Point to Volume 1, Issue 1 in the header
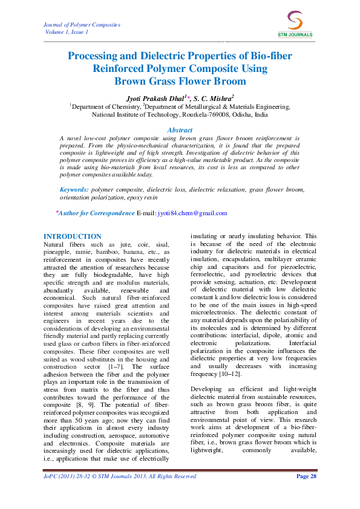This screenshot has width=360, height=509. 67,31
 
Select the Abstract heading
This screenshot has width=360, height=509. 180,130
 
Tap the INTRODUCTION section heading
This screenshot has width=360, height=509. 73,236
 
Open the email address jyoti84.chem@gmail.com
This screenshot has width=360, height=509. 192,213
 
